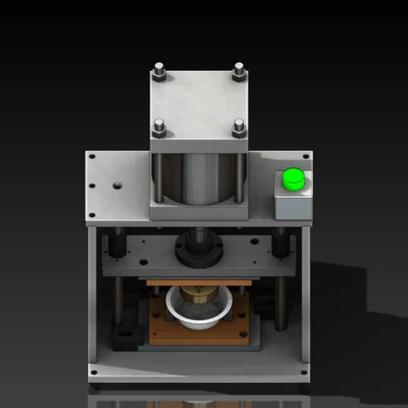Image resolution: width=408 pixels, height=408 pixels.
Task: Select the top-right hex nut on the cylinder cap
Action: pyautogui.click(x=238, y=72)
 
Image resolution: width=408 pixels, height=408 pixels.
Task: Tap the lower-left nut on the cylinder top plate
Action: pyautogui.click(x=159, y=128)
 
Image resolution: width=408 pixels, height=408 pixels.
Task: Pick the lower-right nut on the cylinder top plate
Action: pyautogui.click(x=239, y=127)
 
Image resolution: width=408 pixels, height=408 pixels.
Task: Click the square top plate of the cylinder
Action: pyautogui.click(x=199, y=102)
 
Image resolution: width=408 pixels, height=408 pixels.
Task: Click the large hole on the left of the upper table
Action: pyautogui.click(x=118, y=185)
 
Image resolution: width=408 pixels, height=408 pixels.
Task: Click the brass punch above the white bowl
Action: pyautogui.click(x=197, y=291)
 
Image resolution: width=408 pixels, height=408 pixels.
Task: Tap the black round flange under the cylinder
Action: pyautogui.click(x=198, y=248)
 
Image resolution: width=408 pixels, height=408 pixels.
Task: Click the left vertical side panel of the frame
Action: pyautogui.click(x=92, y=294)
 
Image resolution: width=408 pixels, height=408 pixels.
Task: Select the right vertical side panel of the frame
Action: pyautogui.click(x=306, y=294)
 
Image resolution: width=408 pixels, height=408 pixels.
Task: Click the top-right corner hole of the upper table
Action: pyautogui.click(x=305, y=157)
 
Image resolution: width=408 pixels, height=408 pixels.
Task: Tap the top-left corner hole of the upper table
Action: pyautogui.click(x=92, y=157)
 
